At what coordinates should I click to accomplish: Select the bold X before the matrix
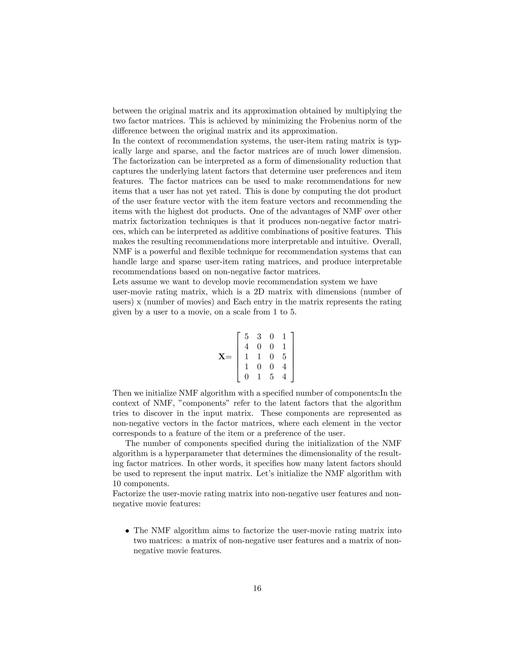pyautogui.click(x=222, y=356)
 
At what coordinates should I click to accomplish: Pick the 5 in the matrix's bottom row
pyautogui.click(x=272, y=377)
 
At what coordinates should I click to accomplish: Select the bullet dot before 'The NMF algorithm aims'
pyautogui.click(x=127, y=531)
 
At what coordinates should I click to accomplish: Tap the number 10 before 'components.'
pyautogui.click(x=117, y=484)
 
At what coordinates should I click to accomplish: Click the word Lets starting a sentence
pyautogui.click(x=120, y=282)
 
